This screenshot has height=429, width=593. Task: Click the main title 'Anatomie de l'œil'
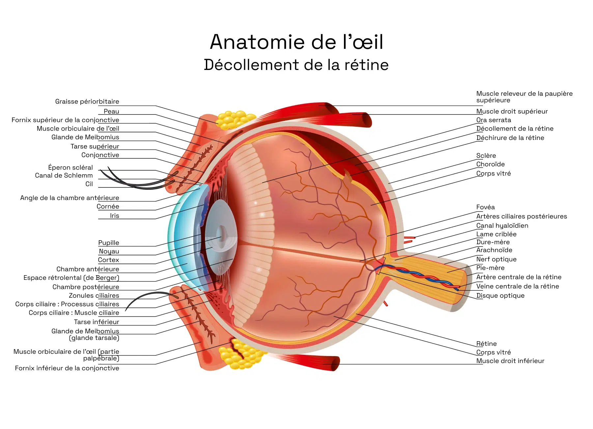pyautogui.click(x=296, y=42)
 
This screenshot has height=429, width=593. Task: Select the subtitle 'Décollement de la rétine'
pyautogui.click(x=296, y=65)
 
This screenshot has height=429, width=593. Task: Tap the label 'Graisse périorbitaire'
pyautogui.click(x=87, y=102)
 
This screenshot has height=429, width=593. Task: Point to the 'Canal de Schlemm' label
pyautogui.click(x=64, y=176)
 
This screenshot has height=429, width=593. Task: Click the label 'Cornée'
pyautogui.click(x=108, y=207)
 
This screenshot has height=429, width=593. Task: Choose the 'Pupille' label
pyautogui.click(x=109, y=243)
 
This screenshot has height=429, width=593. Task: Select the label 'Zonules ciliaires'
pyautogui.click(x=94, y=296)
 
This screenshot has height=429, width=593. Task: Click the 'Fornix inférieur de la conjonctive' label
pyautogui.click(x=67, y=368)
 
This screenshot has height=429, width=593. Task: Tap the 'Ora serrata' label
pyautogui.click(x=494, y=120)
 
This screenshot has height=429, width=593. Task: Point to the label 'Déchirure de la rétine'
pyautogui.click(x=510, y=138)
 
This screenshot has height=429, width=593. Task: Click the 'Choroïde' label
pyautogui.click(x=490, y=164)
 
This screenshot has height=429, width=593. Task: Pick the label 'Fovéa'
pyautogui.click(x=485, y=207)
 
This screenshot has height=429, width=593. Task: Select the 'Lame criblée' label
pyautogui.click(x=496, y=234)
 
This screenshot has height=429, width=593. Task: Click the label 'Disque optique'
pyautogui.click(x=500, y=296)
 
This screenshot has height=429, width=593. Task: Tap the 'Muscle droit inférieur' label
pyautogui.click(x=510, y=361)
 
